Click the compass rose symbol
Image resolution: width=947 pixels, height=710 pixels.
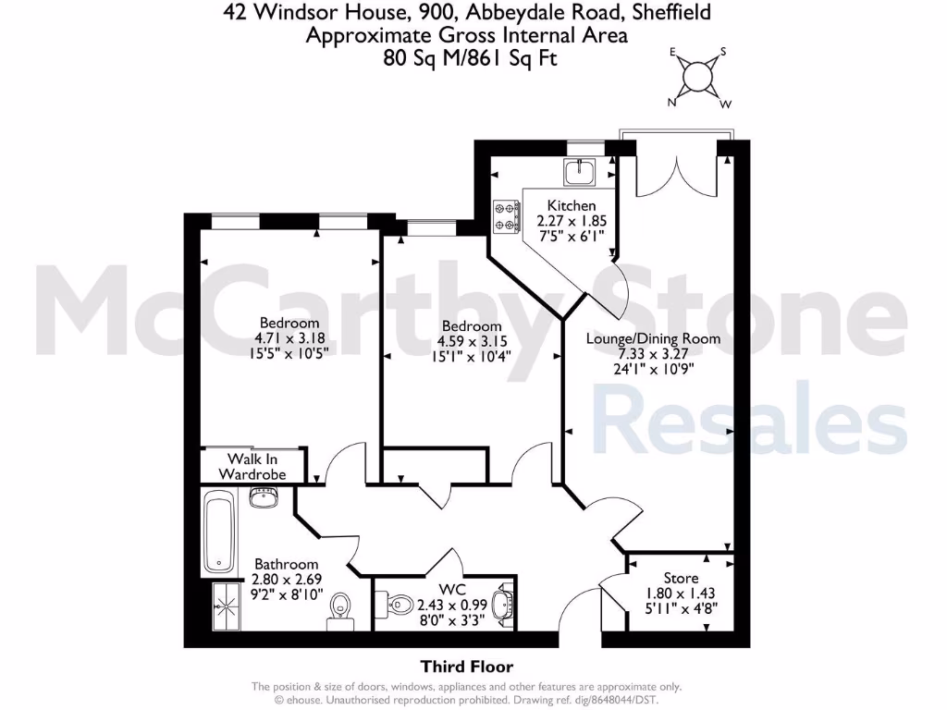coord(699,77)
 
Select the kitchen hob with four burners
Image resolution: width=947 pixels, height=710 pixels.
coord(505,215)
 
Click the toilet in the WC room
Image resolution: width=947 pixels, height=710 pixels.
coord(397,606)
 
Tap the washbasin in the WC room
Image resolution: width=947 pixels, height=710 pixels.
coord(501,606)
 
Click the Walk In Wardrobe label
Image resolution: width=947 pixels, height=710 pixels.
coord(252,466)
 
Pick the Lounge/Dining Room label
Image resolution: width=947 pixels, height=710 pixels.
coord(653,338)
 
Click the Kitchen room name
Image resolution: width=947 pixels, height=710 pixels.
coord(572,205)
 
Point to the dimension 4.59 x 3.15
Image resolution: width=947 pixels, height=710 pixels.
coord(472,341)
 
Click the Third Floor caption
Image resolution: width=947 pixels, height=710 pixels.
coord(466,666)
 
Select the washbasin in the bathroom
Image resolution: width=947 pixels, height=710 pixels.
coord(264,499)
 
